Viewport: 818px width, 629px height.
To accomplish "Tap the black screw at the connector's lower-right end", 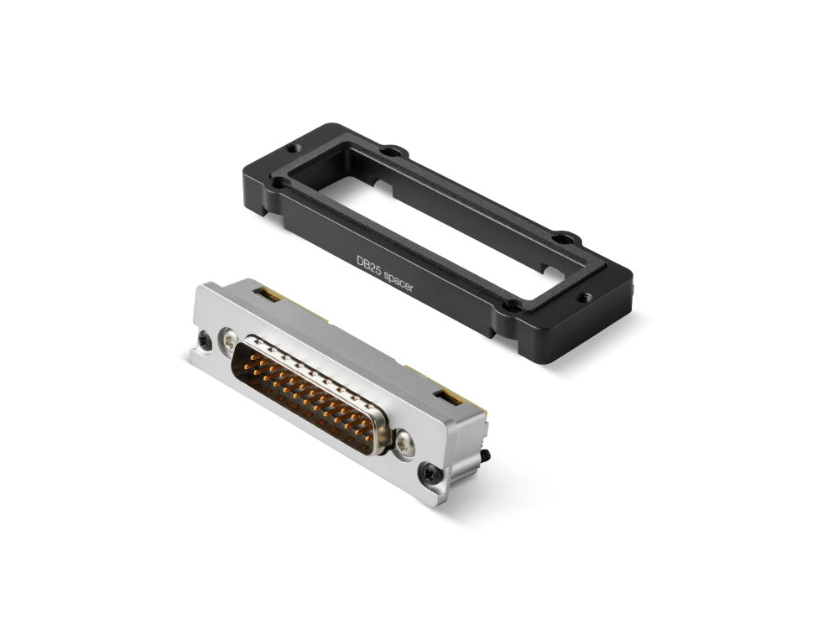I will click(x=431, y=475).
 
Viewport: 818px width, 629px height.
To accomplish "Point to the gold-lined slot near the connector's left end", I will click(x=270, y=294).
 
